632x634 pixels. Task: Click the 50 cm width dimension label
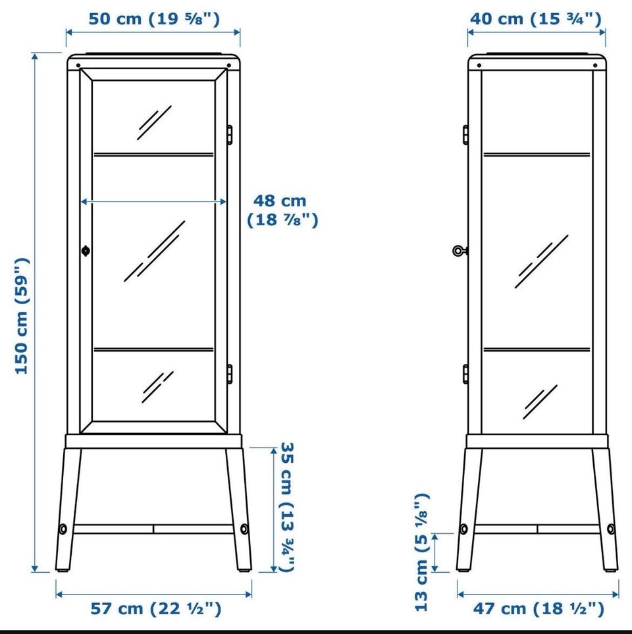154,19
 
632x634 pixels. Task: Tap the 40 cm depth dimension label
536,19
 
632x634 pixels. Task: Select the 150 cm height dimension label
22,316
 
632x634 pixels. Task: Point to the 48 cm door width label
282,210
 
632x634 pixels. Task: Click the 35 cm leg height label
287,507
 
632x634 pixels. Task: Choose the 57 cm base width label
155,608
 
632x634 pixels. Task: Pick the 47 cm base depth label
539,608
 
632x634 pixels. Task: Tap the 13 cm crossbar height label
421,552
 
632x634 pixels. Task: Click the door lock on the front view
86,251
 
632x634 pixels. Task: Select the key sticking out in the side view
460,251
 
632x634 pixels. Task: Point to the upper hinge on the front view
229,135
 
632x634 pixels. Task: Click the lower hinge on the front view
229,373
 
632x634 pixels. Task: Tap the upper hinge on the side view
465,135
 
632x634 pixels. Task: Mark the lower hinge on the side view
465,373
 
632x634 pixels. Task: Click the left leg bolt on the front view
63,529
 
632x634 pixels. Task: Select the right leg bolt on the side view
610,529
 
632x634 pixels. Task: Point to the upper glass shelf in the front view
153,154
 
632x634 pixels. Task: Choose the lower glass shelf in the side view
537,348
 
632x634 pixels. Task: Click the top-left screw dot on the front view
78,65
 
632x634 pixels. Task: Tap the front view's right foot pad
244,571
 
